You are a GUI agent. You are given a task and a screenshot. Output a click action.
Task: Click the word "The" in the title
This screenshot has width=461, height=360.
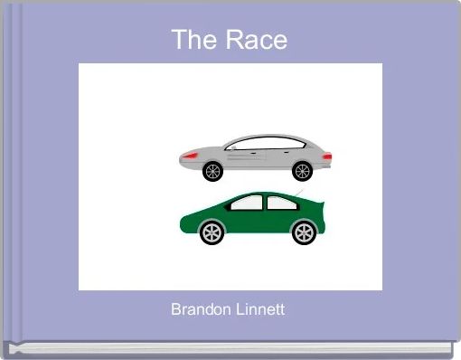[191, 40]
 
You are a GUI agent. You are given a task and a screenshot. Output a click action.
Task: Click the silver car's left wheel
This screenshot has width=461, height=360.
[213, 170]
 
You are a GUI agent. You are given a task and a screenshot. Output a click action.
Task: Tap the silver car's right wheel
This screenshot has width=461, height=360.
[302, 170]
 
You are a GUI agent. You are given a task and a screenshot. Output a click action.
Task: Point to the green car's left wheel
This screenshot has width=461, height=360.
[211, 233]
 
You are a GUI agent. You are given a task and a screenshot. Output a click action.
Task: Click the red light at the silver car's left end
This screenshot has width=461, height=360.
[190, 156]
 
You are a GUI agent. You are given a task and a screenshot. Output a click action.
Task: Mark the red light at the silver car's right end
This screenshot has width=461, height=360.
[326, 156]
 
